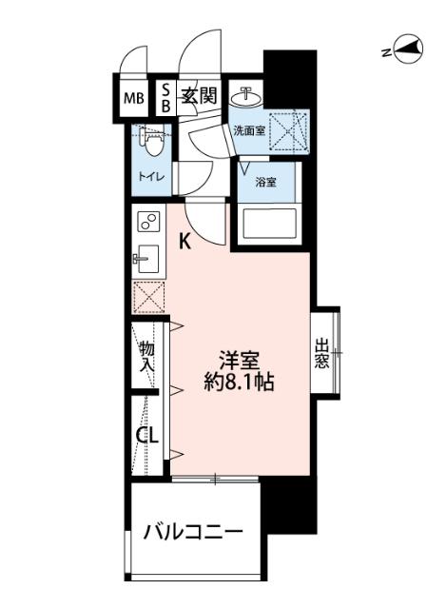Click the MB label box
pyautogui.click(x=134, y=95)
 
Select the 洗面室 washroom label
pyautogui.click(x=249, y=131)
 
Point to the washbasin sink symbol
pyautogui.click(x=246, y=94)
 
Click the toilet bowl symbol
pyautogui.click(x=153, y=142)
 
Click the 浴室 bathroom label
pyautogui.click(x=265, y=181)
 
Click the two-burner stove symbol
pyautogui.click(x=148, y=222)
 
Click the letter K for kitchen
pyautogui.click(x=185, y=242)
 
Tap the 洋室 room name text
pyautogui.click(x=240, y=362)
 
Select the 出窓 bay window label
pyautogui.click(x=322, y=354)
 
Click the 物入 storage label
pyautogui.click(x=147, y=357)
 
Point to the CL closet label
pyautogui.click(x=146, y=438)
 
